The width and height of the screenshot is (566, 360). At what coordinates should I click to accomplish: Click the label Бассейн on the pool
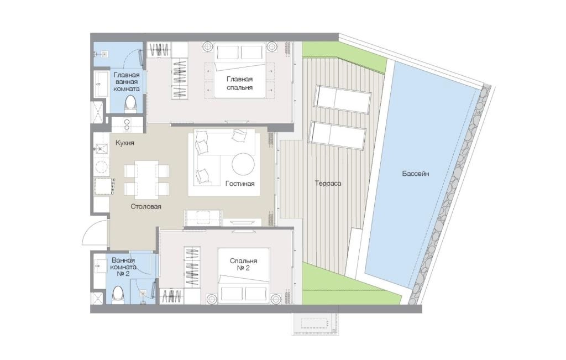(416, 174)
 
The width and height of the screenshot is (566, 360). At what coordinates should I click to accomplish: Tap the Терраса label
(328, 183)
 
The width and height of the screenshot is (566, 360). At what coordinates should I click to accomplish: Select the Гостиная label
(240, 184)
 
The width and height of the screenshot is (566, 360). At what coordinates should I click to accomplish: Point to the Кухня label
(124, 143)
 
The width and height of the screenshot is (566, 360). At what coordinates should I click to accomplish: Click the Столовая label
(146, 207)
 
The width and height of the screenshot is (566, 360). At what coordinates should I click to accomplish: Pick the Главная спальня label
(240, 83)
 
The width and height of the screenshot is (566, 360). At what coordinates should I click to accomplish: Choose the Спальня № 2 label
(244, 264)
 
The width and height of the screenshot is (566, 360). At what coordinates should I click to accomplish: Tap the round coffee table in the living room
(243, 164)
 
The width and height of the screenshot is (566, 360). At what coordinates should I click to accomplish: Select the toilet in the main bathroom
(130, 104)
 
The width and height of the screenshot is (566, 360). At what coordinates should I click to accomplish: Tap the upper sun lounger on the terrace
(343, 98)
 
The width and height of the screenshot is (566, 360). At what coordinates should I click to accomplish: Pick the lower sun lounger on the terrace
(338, 134)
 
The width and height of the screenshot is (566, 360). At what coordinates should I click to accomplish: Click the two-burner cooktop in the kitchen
(127, 125)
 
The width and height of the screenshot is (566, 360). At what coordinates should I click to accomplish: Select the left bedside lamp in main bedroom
(208, 47)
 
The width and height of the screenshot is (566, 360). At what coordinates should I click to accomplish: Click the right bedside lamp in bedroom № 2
(275, 299)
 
